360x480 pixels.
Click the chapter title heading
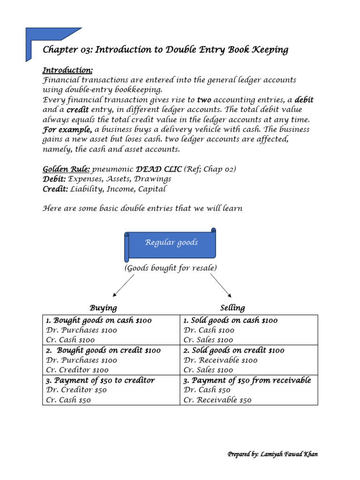point(165,50)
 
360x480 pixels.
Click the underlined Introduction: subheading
point(67,70)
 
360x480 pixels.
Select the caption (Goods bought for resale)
point(171,268)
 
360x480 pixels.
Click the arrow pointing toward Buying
point(123,285)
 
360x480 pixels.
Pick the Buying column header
point(103,308)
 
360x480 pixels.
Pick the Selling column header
point(232,308)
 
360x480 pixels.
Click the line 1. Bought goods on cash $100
point(98,321)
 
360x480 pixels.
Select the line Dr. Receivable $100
point(220,360)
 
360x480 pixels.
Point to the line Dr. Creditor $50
point(76,390)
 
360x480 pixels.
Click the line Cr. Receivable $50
point(217,400)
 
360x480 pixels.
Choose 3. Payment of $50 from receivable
point(247,380)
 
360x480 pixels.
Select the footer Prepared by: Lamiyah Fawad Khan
point(273,454)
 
